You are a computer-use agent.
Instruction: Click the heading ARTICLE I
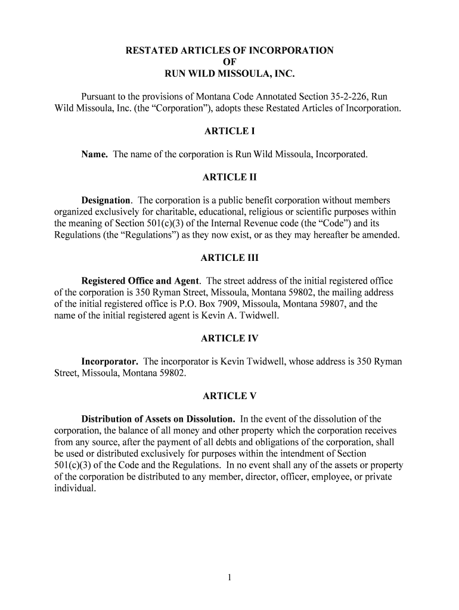click(229, 132)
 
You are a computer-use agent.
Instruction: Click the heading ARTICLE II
click(229, 178)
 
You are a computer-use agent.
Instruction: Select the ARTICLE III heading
click(229, 258)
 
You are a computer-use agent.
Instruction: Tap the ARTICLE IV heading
click(229, 338)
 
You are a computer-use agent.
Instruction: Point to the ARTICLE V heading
click(229, 396)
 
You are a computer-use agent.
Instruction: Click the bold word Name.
click(95, 155)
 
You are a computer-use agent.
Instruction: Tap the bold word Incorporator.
click(110, 362)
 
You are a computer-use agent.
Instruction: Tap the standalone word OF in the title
click(229, 63)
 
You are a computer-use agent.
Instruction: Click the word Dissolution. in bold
click(210, 419)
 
